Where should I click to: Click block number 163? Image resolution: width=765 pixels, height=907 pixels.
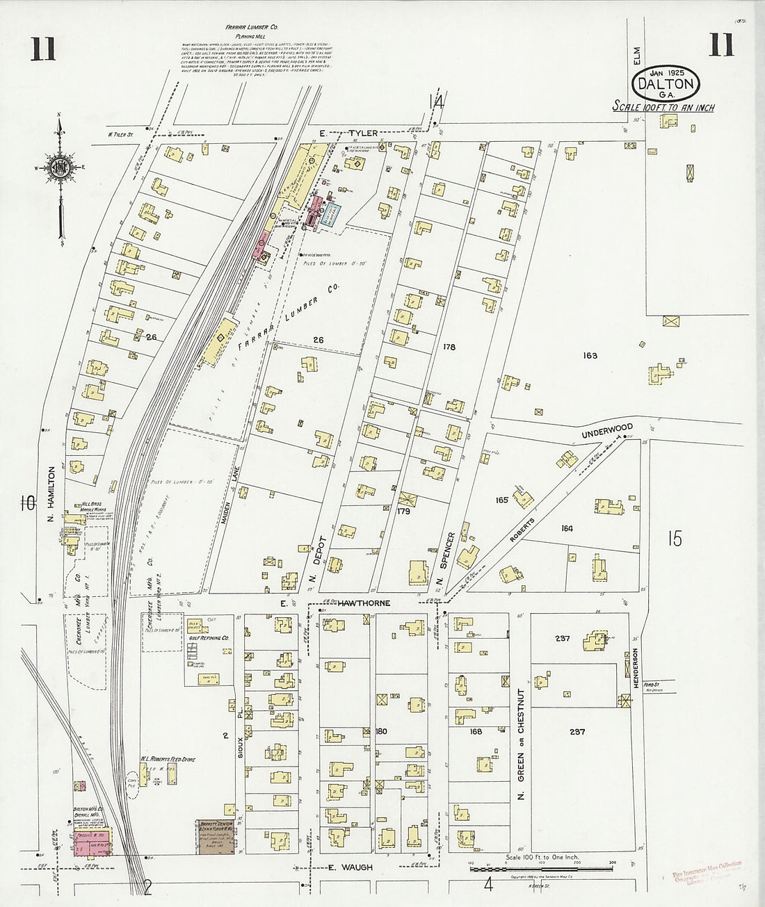pyautogui.click(x=590, y=355)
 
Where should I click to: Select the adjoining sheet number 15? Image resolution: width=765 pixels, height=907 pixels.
pyautogui.click(x=674, y=539)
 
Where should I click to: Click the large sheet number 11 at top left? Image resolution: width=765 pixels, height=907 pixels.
pyautogui.click(x=43, y=51)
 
